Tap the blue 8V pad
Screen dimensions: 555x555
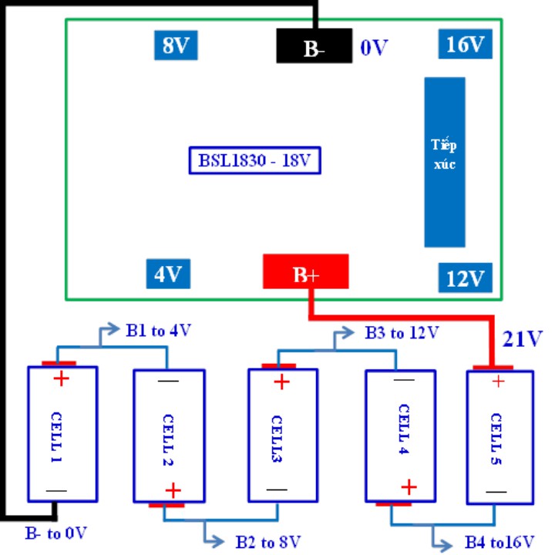[x=176, y=45]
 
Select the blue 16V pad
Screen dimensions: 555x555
[x=466, y=45]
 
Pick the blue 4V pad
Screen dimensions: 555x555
[x=168, y=274]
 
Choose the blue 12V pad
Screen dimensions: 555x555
[x=466, y=276]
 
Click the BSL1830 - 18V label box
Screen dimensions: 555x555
[x=254, y=161]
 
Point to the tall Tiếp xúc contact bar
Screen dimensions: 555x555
[x=445, y=161]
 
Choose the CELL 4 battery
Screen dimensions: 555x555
[x=399, y=436]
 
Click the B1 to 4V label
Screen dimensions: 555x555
[x=158, y=331]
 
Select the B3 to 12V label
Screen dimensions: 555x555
[x=401, y=333]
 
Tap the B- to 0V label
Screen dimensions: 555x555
[x=56, y=531]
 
